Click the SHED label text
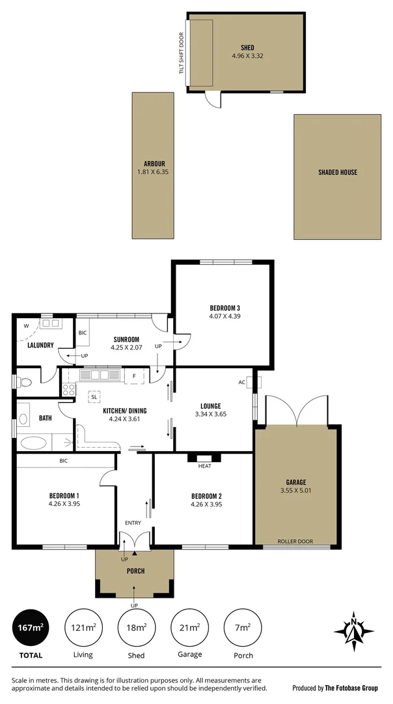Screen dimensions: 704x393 click(247, 47)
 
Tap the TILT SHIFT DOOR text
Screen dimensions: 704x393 click(182, 52)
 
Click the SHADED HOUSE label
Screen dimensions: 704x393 click(337, 173)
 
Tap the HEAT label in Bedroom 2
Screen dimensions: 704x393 click(204, 465)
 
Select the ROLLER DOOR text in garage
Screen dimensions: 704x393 click(295, 541)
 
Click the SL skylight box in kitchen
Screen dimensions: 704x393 click(94, 396)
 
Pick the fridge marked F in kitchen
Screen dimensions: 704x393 click(134, 377)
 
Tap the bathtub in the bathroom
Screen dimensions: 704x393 click(34, 443)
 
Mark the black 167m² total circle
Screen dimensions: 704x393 click(30, 628)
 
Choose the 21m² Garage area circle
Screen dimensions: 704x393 click(189, 628)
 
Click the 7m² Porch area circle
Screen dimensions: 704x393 click(242, 628)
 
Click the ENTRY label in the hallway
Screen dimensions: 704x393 click(133, 523)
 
